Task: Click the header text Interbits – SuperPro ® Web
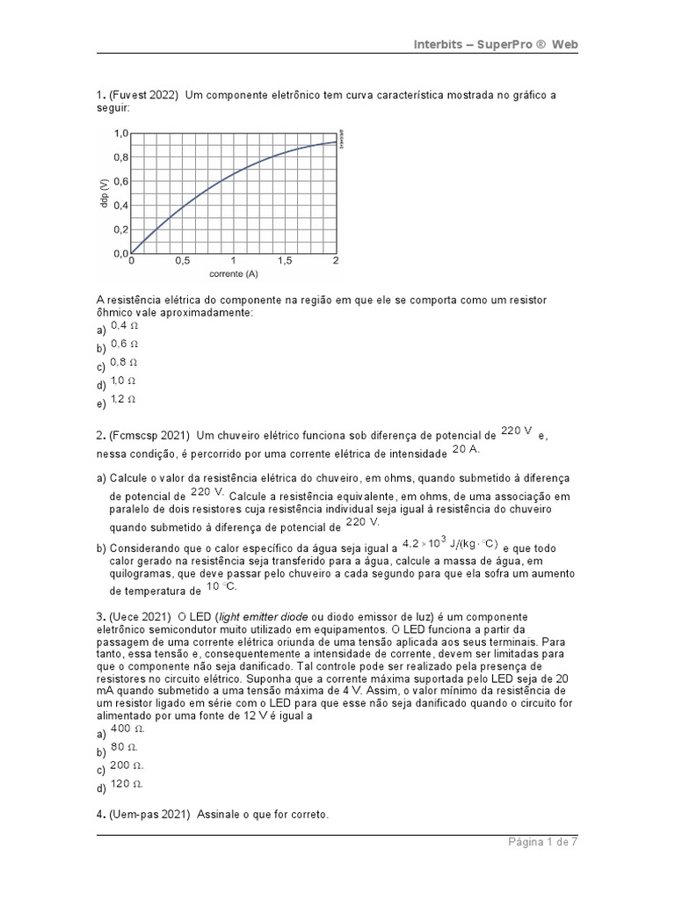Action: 496,45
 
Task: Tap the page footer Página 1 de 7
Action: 542,842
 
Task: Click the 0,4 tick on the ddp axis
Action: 120,206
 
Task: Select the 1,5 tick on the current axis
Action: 285,261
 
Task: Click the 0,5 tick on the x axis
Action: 182,261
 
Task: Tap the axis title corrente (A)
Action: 233,274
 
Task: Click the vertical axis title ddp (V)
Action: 104,193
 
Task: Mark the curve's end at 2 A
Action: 335,142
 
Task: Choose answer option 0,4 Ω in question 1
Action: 124,325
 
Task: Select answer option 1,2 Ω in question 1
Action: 123,399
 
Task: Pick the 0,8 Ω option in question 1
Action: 124,362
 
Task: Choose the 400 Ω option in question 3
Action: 127,729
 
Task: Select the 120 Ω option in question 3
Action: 127,782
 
